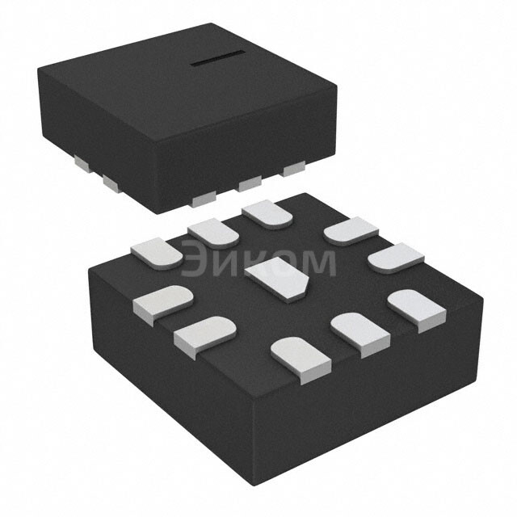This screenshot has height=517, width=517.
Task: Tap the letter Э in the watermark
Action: [193, 261]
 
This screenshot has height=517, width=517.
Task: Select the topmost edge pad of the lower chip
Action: [267, 214]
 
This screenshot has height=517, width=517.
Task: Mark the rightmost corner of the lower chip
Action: [483, 301]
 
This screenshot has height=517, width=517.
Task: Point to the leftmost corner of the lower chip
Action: [89, 271]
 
